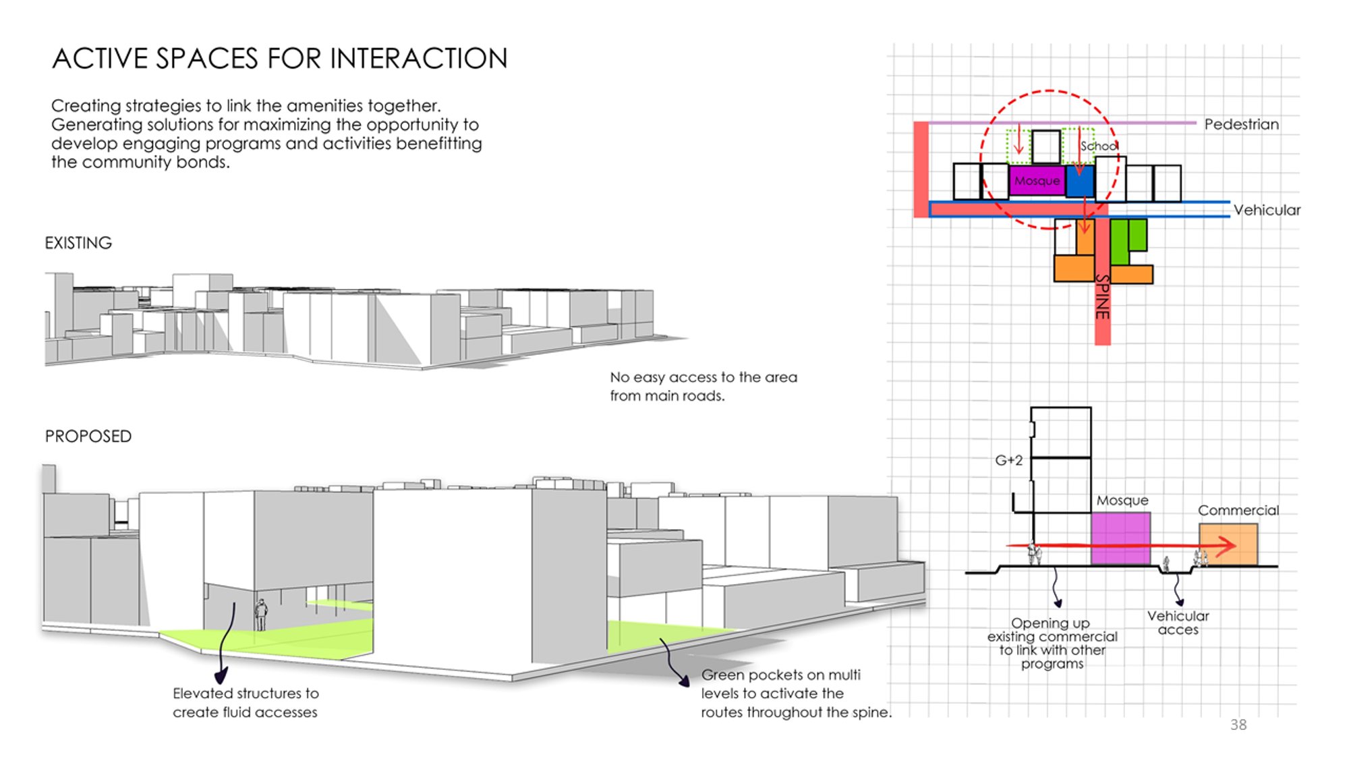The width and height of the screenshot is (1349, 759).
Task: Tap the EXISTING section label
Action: pyautogui.click(x=78, y=243)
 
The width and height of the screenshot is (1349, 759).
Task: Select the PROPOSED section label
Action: pyautogui.click(x=88, y=437)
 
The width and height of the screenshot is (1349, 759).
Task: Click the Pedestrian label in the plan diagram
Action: pyautogui.click(x=1242, y=124)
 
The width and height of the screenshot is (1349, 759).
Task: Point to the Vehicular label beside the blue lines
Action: pyautogui.click(x=1267, y=210)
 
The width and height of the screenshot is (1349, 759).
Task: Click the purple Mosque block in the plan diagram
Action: pyautogui.click(x=1037, y=181)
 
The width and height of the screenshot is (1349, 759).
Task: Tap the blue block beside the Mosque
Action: pyautogui.click(x=1080, y=181)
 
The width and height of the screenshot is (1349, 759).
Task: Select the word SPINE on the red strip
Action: pyautogui.click(x=1102, y=297)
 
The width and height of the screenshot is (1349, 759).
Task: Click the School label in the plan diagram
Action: pyautogui.click(x=1099, y=146)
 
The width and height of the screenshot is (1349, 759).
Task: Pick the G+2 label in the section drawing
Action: pyautogui.click(x=1009, y=460)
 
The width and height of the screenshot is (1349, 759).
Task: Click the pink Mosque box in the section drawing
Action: pyautogui.click(x=1121, y=538)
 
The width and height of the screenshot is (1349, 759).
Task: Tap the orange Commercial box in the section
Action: pyautogui.click(x=1228, y=544)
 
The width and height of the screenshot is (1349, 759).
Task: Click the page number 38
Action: pyautogui.click(x=1238, y=725)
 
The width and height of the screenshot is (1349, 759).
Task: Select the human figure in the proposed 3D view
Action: pyautogui.click(x=261, y=615)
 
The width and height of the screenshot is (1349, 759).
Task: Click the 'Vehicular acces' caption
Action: pyautogui.click(x=1178, y=623)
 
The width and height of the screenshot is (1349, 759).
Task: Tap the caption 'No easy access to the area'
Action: pyautogui.click(x=704, y=377)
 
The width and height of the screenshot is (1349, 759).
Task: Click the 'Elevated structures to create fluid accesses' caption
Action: pyautogui.click(x=246, y=702)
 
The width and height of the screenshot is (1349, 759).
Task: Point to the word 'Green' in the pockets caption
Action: pyautogui.click(x=722, y=675)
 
